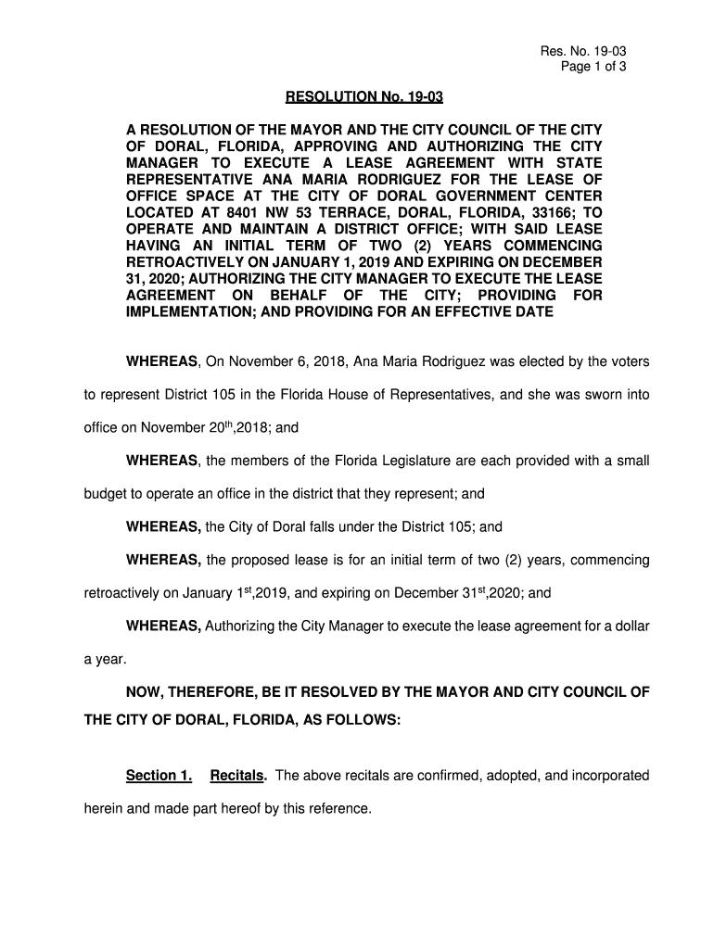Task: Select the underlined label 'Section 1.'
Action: coord(159,775)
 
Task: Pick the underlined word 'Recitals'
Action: coord(238,775)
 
